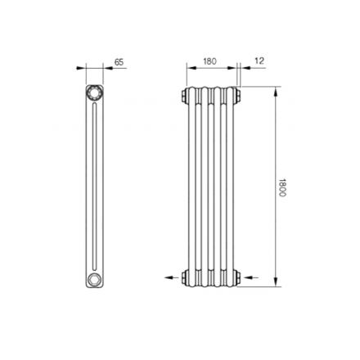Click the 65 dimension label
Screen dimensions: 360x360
[x=119, y=62]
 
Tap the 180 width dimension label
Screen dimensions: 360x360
[x=210, y=61]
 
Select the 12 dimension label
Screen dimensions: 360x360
[x=259, y=61]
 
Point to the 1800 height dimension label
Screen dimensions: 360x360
[x=282, y=188]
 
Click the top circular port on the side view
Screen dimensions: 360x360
[x=95, y=92]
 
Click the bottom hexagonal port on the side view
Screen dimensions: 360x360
[x=94, y=278]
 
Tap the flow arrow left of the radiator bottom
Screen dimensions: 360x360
[x=172, y=277]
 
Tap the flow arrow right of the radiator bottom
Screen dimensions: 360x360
[x=251, y=277]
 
